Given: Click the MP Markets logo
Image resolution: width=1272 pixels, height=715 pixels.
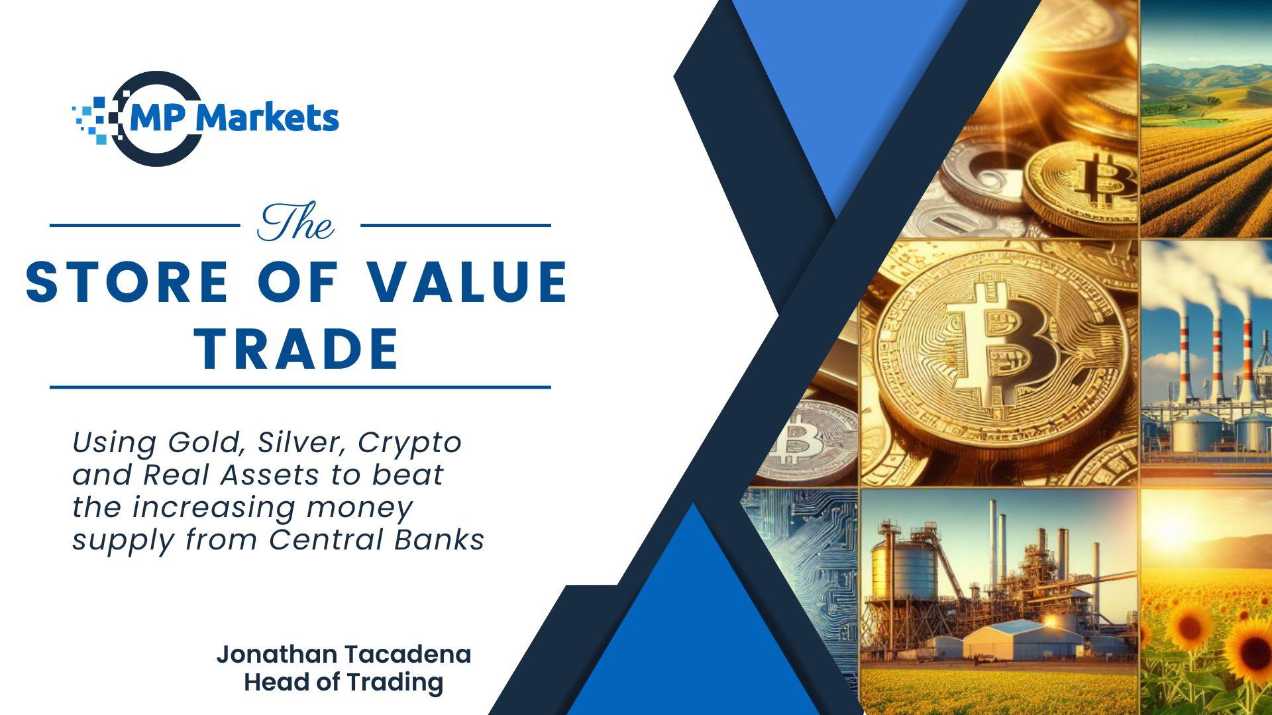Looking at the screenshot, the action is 205,119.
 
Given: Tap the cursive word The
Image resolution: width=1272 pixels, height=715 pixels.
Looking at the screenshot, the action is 295,223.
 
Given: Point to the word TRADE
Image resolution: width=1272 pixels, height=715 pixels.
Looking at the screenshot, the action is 300,348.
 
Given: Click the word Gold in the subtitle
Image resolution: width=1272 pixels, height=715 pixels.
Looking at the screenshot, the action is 203,443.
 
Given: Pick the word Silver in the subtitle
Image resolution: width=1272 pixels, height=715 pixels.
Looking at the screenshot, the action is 302,443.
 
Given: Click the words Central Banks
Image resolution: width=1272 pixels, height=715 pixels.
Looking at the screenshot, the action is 377,540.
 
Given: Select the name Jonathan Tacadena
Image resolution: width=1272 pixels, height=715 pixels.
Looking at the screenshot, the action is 344,654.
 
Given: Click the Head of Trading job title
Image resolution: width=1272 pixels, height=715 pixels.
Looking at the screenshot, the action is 344,682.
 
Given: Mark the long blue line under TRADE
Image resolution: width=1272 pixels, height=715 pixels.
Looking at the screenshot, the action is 300,387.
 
